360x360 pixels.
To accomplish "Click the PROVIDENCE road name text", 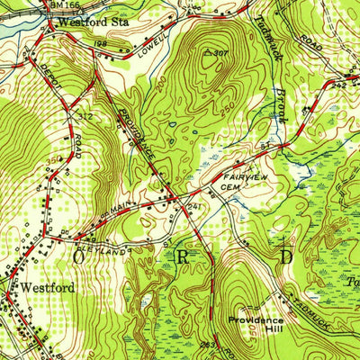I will coord(136,136).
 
